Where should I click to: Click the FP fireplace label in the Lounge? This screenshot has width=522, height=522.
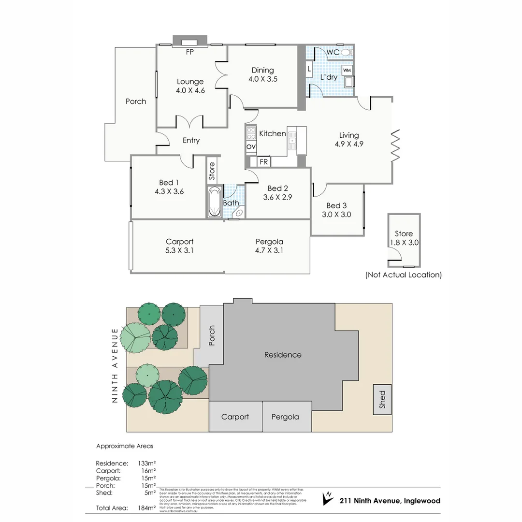pyautogui.click(x=190, y=52)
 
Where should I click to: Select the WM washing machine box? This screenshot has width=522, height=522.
pyautogui.click(x=347, y=71)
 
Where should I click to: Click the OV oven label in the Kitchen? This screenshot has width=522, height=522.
pyautogui.click(x=251, y=146)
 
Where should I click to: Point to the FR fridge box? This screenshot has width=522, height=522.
pyautogui.click(x=263, y=162)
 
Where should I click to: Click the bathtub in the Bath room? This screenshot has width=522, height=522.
pyautogui.click(x=214, y=202)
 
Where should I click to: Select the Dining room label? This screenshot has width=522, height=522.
pyautogui.click(x=262, y=70)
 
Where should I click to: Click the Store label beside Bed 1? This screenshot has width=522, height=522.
pyautogui.click(x=212, y=171)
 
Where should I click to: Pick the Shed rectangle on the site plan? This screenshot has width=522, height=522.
pyautogui.click(x=382, y=399)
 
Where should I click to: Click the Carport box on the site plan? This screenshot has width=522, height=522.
pyautogui.click(x=235, y=417)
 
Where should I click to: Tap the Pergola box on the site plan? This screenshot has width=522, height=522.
pyautogui.click(x=285, y=417)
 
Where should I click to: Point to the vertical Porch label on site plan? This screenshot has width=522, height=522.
pyautogui.click(x=211, y=335)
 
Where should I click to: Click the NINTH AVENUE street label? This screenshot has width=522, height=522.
pyautogui.click(x=115, y=365)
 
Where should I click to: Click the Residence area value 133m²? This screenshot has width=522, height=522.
pyautogui.click(x=146, y=463)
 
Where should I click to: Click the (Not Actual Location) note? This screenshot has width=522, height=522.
pyautogui.click(x=404, y=275)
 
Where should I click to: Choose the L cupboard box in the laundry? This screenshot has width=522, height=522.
pyautogui.click(x=309, y=69)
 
